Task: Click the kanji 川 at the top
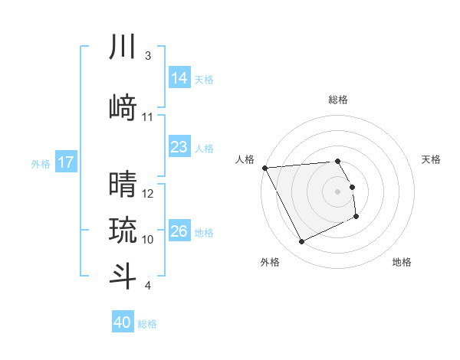[x=123, y=47]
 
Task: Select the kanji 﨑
[x=123, y=106]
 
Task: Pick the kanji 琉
[x=123, y=230]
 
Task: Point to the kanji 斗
[x=123, y=276]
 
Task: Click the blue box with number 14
[x=179, y=78]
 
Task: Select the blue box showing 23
[x=179, y=147]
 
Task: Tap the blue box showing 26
[x=179, y=231]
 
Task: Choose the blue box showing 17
[x=66, y=162]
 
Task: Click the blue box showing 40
[x=123, y=322]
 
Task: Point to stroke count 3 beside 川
[x=148, y=56]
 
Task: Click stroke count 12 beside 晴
[x=149, y=194]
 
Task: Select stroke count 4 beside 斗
[x=148, y=286]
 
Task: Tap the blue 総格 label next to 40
[x=148, y=324]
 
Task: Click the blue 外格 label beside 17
[x=41, y=163]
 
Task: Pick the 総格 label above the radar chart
[x=338, y=100]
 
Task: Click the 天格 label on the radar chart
[x=432, y=159]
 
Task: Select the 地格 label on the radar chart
[x=402, y=262]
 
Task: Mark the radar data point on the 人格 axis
[x=264, y=168]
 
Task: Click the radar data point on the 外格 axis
[x=301, y=242]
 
